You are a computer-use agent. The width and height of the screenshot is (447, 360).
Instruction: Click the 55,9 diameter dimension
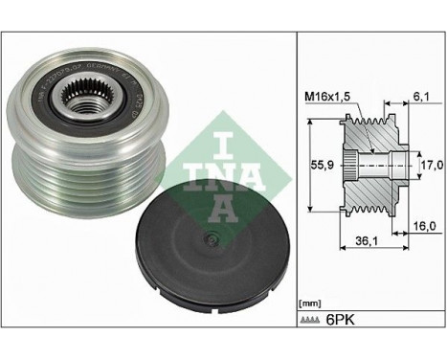click(325, 165)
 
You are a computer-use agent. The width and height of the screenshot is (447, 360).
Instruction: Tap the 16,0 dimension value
click(424, 226)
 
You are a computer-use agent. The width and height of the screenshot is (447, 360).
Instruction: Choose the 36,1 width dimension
click(360, 243)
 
